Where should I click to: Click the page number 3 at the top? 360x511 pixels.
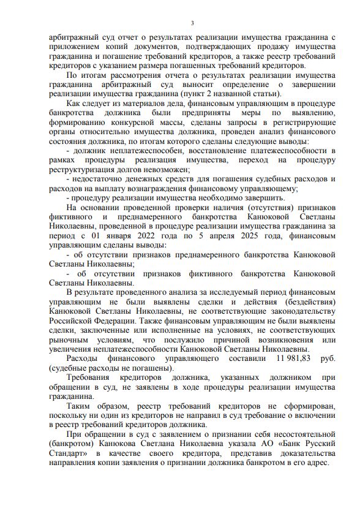point(192,23)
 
